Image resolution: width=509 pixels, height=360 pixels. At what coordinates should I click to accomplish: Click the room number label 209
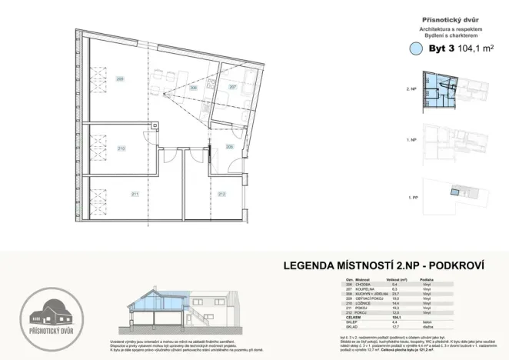(120, 79)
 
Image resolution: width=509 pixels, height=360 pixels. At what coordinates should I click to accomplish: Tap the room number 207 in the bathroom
(233, 87)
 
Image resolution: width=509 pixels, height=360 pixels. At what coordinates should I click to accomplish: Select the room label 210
(121, 148)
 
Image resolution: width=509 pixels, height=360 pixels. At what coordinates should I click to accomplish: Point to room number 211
(135, 194)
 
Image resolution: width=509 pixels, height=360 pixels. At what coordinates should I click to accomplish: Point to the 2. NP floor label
(411, 90)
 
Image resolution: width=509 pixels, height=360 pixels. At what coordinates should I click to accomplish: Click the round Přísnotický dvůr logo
(48, 312)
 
